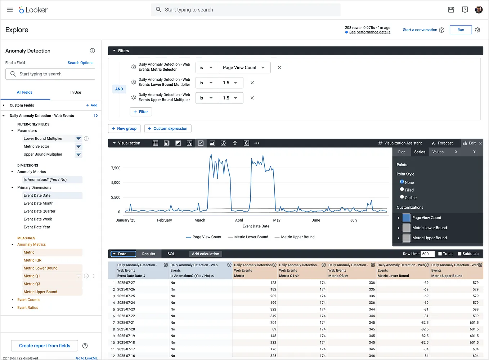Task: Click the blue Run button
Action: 461,30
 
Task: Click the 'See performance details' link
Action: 369,32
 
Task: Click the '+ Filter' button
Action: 141,112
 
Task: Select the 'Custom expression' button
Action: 168,129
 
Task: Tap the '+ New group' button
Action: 124,129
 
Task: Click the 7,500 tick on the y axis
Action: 116,168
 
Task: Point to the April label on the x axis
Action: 239,220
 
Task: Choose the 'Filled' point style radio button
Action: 402,189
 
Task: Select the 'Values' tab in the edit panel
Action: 438,152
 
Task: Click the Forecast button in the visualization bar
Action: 442,143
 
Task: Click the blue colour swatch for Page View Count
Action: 406,218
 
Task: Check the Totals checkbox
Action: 440,254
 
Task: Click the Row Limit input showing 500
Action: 428,254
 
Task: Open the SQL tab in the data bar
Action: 171,254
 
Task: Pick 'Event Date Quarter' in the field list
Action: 40,211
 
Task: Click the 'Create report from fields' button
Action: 45,346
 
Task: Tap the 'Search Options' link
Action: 80,63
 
